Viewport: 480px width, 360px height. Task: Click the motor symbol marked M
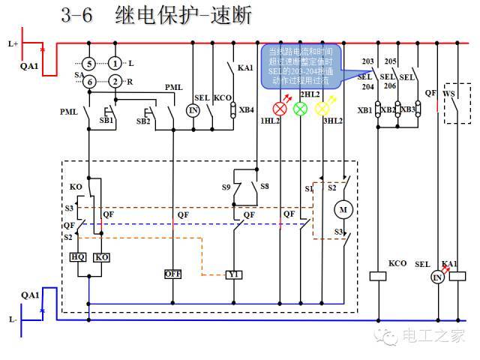344,208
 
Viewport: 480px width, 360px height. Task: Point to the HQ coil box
77,256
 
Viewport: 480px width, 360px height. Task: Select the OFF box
173,274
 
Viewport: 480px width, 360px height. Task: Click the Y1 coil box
234,274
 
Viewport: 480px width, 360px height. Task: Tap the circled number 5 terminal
88,64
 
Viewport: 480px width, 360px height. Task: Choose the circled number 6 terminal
88,81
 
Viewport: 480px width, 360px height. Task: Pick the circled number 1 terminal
114,64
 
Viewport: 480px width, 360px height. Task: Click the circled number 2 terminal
114,81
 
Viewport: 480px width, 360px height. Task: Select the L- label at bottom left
13,319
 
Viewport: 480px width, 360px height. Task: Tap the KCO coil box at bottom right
377,276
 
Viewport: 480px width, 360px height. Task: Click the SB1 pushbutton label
106,120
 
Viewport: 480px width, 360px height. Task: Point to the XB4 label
246,109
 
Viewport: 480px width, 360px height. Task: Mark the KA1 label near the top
245,68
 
